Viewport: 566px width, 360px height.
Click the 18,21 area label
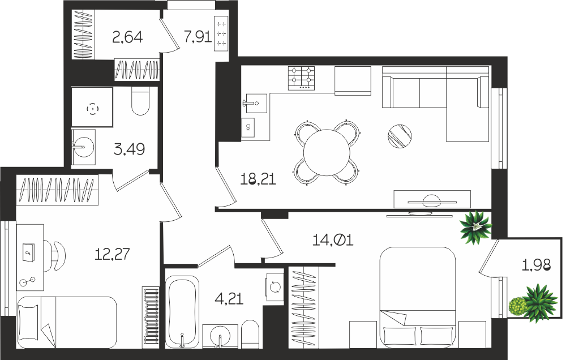click(x=258, y=179)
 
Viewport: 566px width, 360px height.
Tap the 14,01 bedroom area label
click(x=332, y=240)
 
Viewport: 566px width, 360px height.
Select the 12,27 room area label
click(x=112, y=254)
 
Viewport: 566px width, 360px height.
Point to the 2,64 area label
click(x=127, y=37)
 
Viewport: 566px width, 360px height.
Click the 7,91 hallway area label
click(x=198, y=36)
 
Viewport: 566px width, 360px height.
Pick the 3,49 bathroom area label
click(x=129, y=149)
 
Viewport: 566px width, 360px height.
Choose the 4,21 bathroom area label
click(x=229, y=299)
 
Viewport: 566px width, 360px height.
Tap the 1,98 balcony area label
click(x=537, y=265)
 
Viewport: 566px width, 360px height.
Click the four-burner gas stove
click(x=302, y=78)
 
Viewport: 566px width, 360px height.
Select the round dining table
click(x=327, y=152)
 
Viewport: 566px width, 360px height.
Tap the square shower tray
click(x=92, y=107)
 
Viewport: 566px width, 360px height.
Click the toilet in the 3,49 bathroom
click(x=140, y=101)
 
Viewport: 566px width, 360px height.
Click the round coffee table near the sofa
click(x=400, y=136)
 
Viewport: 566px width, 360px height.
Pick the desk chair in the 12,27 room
click(x=57, y=255)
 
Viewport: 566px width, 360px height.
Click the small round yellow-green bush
click(x=517, y=306)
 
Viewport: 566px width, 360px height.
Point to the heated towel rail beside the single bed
click(x=150, y=316)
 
